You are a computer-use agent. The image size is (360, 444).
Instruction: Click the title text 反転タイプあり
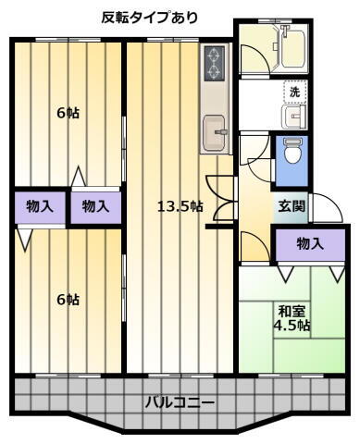[x=149, y=18]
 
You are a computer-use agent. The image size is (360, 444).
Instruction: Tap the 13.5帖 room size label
[x=180, y=205]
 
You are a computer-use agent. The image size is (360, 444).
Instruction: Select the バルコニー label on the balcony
[x=180, y=402]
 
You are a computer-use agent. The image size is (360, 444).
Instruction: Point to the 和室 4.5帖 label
[x=291, y=318]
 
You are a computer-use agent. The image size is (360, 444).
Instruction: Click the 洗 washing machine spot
[x=294, y=92]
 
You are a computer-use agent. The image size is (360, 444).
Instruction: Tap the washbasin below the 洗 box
[x=294, y=117]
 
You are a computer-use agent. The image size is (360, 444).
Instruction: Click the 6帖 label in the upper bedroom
[x=68, y=114]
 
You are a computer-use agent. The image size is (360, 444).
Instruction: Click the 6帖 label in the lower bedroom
[x=68, y=299]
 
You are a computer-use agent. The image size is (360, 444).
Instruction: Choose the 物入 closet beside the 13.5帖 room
[x=95, y=206]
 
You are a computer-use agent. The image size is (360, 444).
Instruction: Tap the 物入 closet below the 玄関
[x=309, y=244]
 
